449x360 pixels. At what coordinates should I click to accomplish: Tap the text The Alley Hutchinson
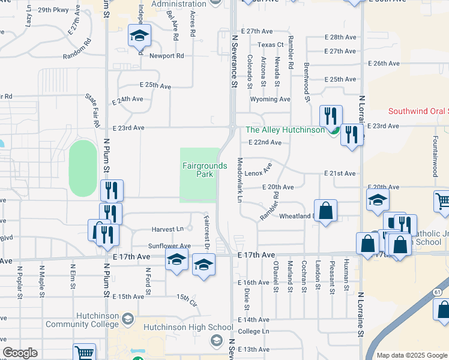(x=285, y=130)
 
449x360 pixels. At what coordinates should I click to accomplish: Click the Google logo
(x=20, y=353)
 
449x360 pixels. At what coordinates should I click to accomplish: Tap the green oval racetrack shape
(x=83, y=169)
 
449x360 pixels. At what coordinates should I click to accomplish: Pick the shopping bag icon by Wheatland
(x=325, y=211)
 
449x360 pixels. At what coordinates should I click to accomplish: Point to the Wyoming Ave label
(x=270, y=99)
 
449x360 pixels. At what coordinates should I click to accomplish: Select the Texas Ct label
(x=270, y=45)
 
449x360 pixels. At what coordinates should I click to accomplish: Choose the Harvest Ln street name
(x=167, y=229)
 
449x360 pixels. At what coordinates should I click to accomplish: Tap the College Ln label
(x=253, y=331)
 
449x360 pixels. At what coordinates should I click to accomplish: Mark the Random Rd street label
(x=79, y=50)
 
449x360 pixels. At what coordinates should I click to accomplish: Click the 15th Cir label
(x=186, y=298)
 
